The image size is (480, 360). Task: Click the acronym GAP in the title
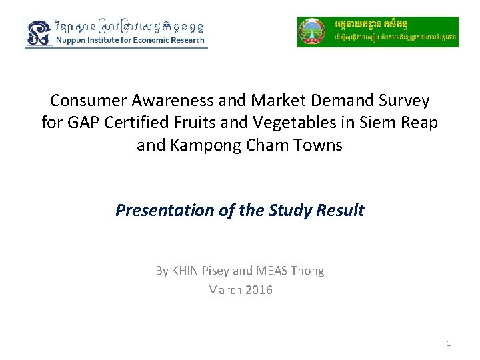[81, 123]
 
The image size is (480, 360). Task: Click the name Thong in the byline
[308, 271]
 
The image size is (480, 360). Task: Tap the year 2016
[258, 290]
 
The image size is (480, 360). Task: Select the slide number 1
[449, 343]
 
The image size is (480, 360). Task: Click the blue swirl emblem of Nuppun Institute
[39, 32]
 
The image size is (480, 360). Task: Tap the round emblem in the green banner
[312, 32]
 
